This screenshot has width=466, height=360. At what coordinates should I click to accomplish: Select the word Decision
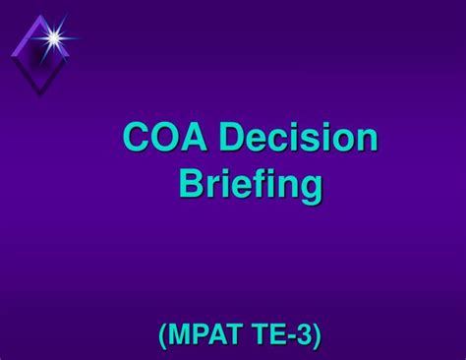(298, 138)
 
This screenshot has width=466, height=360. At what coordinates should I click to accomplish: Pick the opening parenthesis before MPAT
(163, 337)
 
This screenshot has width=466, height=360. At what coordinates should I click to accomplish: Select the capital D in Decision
(232, 138)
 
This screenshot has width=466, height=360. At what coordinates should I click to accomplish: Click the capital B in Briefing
(189, 184)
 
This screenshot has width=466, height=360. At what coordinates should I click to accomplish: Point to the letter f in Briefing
(259, 183)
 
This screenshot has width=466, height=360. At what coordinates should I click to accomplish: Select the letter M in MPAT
(181, 337)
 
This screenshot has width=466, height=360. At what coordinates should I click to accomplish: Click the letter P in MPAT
(200, 337)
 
